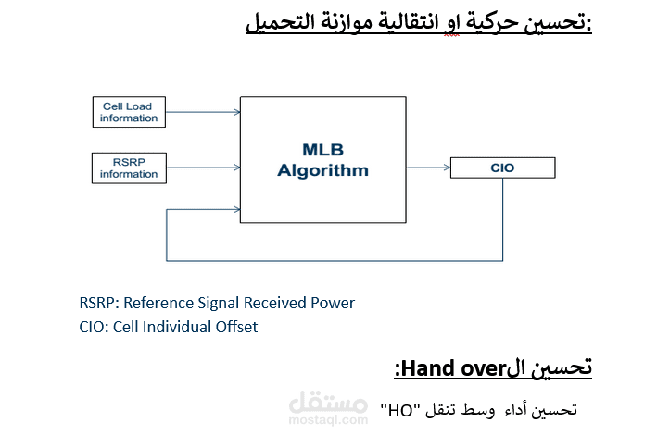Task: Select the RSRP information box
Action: coord(129,168)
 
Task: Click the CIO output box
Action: coord(501,168)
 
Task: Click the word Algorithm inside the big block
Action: coord(323,170)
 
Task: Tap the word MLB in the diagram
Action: coord(322,149)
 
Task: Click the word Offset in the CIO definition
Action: coord(235,327)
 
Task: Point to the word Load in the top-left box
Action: coord(139,106)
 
